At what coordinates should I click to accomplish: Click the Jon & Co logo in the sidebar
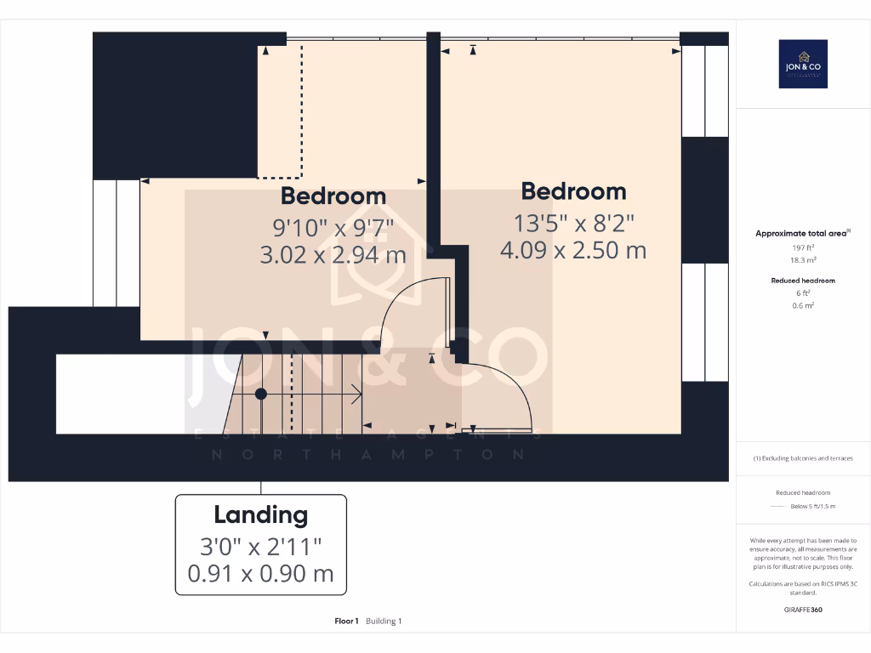803,64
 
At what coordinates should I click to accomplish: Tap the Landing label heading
260,514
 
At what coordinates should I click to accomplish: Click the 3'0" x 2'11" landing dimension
260,544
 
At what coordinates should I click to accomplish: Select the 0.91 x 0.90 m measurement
260,574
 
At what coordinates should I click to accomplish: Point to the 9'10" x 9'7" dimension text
333,227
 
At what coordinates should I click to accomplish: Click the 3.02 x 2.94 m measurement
333,254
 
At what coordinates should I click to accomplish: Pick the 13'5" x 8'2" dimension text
573,223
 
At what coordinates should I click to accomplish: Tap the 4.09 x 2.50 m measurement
573,250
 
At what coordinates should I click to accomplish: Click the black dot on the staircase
261,394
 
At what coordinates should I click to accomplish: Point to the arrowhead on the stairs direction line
360,394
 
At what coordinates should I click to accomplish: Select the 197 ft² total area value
803,247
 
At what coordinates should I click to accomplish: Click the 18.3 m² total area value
803,260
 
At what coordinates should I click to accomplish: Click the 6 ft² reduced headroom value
803,292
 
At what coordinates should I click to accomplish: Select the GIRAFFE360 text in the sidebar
803,610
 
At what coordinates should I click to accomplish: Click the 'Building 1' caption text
384,622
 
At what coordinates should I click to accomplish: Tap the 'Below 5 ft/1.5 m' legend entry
813,506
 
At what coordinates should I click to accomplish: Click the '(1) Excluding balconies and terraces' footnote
803,458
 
